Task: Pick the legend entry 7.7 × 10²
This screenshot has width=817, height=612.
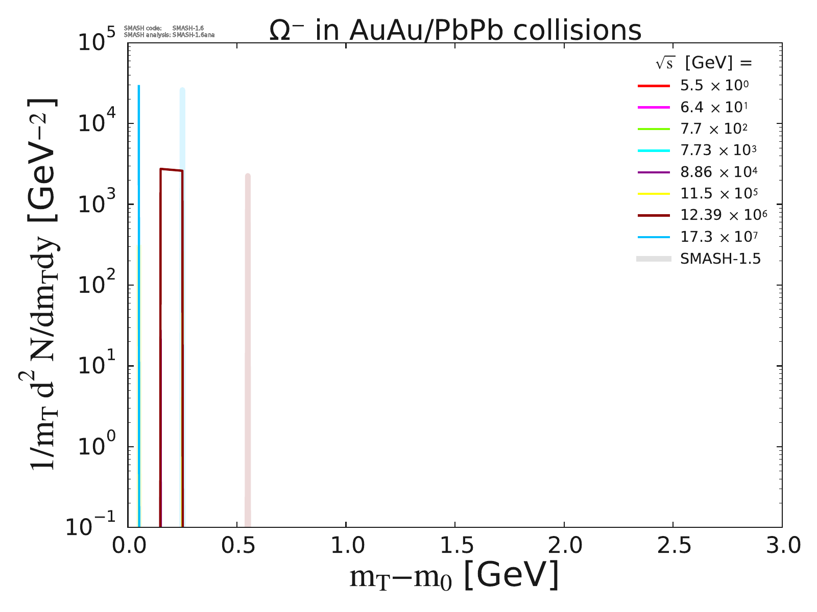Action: tap(714, 129)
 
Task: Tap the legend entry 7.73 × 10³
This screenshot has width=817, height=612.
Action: tap(718, 150)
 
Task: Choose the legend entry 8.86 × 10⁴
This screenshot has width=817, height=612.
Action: tap(718, 172)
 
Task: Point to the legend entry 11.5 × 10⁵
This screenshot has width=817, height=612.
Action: tap(718, 193)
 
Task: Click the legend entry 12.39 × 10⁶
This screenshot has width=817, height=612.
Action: tap(723, 215)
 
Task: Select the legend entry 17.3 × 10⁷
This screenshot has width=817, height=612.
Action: tap(718, 237)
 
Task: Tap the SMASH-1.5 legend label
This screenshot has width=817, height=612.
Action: tap(720, 259)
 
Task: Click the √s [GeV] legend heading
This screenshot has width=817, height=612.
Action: tap(704, 63)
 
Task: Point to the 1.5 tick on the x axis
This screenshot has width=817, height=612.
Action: tap(454, 546)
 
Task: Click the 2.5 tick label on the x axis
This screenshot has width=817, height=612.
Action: tap(672, 546)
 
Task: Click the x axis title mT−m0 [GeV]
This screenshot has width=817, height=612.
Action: tap(454, 576)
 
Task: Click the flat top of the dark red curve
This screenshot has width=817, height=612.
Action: tap(172, 170)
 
